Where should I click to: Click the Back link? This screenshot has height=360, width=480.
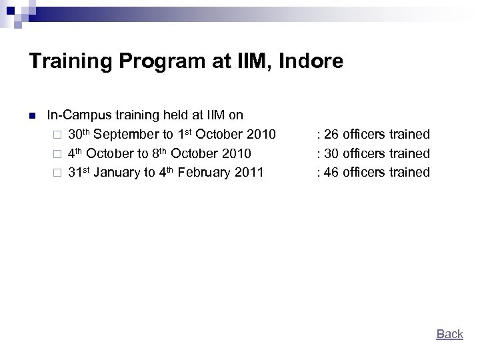click(449, 334)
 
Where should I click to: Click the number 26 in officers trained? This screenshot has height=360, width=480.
click(331, 135)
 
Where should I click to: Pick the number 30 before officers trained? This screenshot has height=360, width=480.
click(331, 153)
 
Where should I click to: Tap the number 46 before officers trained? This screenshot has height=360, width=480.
click(331, 172)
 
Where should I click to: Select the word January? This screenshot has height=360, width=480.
click(117, 172)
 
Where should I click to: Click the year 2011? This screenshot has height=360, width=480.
click(250, 172)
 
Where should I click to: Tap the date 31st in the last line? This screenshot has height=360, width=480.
click(79, 172)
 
